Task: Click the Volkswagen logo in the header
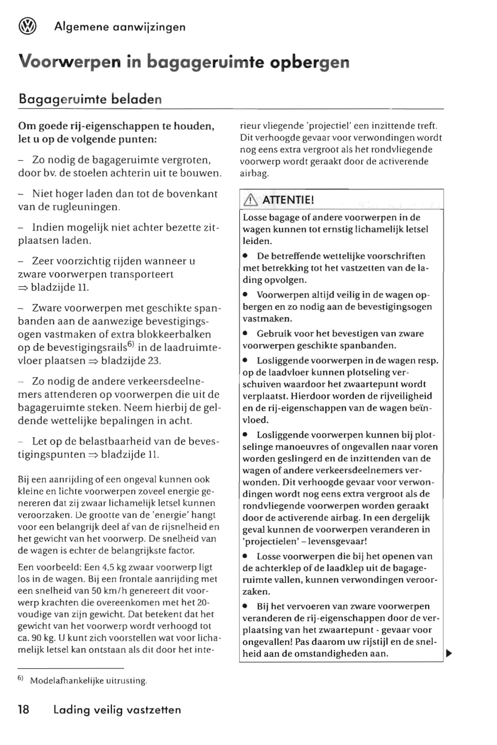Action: coord(27,27)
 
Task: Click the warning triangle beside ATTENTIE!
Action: coord(250,200)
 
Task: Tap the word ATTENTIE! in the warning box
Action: coord(288,200)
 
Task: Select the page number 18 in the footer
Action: coord(23,710)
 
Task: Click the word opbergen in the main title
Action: coord(310,62)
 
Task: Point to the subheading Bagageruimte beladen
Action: coord(90,99)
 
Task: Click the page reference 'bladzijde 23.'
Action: coord(131,361)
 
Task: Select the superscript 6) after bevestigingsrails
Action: coord(131,344)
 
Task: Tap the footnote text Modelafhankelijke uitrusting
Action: coord(88,681)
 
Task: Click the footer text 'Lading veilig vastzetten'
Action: coord(117,710)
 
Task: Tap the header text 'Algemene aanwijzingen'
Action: coord(120,27)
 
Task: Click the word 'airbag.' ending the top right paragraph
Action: coord(254,173)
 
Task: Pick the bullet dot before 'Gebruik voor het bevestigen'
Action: coord(246,334)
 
